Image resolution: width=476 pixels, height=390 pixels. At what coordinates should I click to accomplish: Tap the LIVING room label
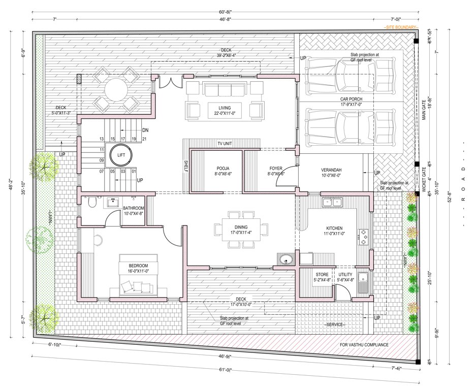coord(225,108)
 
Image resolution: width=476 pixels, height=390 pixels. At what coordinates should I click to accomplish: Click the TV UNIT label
coord(225,144)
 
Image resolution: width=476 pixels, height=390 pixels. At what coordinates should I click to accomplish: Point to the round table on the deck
coord(116,90)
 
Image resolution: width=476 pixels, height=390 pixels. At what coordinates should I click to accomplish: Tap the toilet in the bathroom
coord(91,204)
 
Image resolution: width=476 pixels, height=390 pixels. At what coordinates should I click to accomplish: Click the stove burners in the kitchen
coord(364,236)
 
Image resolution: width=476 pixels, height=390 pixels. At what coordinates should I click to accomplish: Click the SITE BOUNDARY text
coord(401,26)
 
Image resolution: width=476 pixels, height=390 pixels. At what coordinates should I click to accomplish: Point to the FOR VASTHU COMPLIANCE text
coord(364,345)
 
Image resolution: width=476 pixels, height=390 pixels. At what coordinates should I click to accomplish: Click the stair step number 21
coord(145,139)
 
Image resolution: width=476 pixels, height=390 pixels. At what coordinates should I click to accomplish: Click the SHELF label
coord(186,167)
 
